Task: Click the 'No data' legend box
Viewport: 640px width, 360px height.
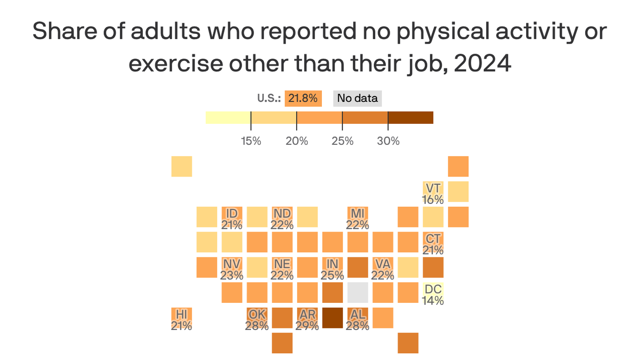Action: pyautogui.click(x=357, y=98)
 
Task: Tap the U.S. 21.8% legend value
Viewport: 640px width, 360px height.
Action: pyautogui.click(x=303, y=98)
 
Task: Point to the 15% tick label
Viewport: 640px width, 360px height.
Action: pyautogui.click(x=251, y=141)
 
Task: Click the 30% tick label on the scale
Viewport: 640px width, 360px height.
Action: pyautogui.click(x=388, y=141)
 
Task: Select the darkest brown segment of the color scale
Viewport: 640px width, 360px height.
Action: pyautogui.click(x=410, y=118)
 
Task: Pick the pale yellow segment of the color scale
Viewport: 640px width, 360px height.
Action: pyautogui.click(x=228, y=118)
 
